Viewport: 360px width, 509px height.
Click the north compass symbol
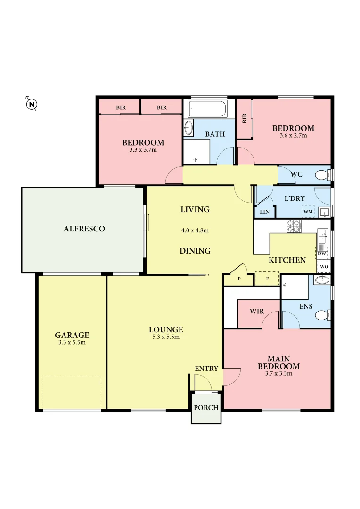(x=31, y=104)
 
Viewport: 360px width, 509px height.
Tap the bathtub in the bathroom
(x=207, y=110)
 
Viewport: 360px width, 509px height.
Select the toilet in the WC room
(x=322, y=175)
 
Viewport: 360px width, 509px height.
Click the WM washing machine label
(x=308, y=212)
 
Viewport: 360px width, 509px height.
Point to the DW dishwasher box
(x=322, y=254)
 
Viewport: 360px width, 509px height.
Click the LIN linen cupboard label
(x=264, y=212)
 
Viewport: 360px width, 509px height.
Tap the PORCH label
(x=206, y=407)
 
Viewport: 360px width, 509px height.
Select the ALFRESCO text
(x=84, y=229)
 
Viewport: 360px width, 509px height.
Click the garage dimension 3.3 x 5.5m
(x=72, y=342)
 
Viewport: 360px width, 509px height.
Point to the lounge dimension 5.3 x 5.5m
(x=166, y=337)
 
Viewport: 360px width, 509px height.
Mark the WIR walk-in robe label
(x=256, y=312)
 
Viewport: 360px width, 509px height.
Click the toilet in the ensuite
(x=323, y=315)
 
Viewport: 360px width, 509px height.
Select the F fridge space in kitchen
(x=267, y=279)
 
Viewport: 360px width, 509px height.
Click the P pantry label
(x=239, y=279)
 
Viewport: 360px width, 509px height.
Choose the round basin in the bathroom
(x=188, y=128)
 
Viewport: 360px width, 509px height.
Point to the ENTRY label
(x=206, y=368)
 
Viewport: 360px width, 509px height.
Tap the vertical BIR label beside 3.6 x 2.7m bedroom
(x=244, y=119)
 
